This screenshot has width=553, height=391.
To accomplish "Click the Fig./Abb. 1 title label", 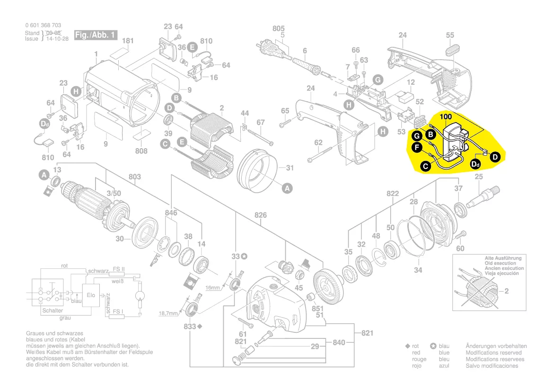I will (x=95, y=36).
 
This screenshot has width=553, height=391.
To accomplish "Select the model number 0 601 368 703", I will (x=43, y=25).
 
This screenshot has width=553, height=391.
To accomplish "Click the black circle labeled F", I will (x=417, y=148).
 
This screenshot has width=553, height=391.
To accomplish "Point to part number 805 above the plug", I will (x=279, y=28).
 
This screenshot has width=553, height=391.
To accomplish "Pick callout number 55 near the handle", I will (x=450, y=35).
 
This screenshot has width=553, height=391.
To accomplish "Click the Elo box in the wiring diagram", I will (x=90, y=295).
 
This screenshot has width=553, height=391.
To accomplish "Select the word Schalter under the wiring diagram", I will (x=53, y=311).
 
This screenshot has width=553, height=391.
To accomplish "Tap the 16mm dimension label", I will (x=212, y=288).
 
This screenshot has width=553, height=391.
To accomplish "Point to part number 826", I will (x=260, y=215).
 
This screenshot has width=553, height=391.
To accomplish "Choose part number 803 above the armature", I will (x=134, y=177).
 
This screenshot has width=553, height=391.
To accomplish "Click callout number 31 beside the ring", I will (x=290, y=168).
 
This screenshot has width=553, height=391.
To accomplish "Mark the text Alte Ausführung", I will (x=503, y=258).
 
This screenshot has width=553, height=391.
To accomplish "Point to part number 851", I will (x=317, y=308).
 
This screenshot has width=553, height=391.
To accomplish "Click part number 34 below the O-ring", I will (x=418, y=270).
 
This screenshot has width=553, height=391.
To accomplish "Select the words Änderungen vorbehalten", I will (x=496, y=346).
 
